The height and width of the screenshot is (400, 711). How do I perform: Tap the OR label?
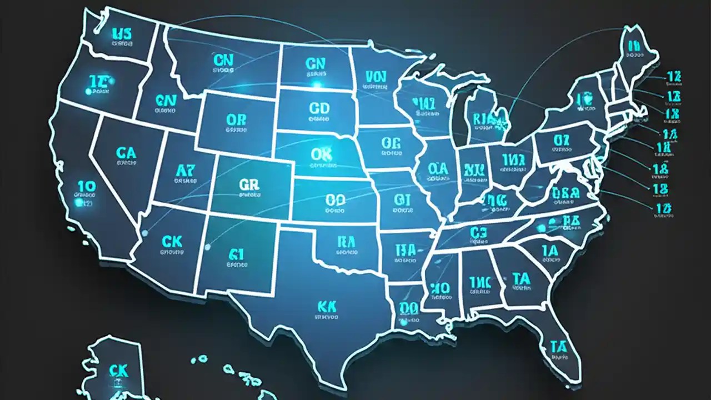232,119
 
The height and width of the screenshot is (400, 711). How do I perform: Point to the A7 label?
185,169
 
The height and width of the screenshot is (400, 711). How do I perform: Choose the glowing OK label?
321,154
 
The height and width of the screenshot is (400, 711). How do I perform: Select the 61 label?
237,254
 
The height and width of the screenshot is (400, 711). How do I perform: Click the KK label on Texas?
326,306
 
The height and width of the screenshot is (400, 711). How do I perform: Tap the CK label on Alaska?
118,371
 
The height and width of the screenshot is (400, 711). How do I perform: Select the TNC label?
479,283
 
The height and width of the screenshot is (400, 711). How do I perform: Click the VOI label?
375,77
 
